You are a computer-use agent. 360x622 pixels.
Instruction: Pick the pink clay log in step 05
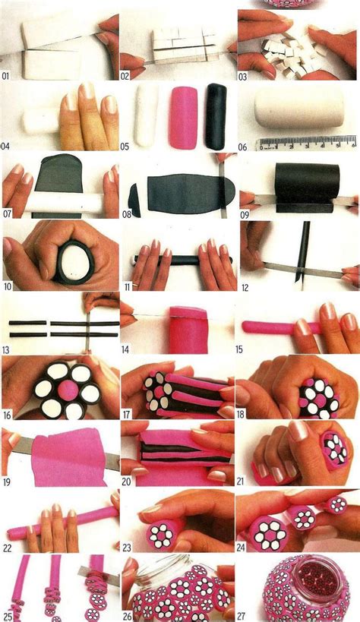pos(182,117)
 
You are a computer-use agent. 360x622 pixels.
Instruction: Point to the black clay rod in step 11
pos(175,260)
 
